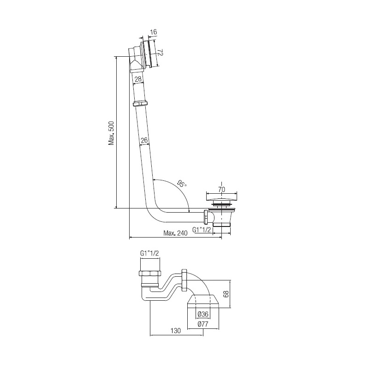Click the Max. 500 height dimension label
point(111,133)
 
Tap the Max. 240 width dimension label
point(176,233)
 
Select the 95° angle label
point(182,183)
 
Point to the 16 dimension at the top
point(153,32)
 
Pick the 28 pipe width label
point(138,78)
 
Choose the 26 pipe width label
point(144,140)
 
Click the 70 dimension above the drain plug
point(222,189)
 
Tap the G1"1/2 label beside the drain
point(202,230)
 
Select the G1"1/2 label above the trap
point(149,253)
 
